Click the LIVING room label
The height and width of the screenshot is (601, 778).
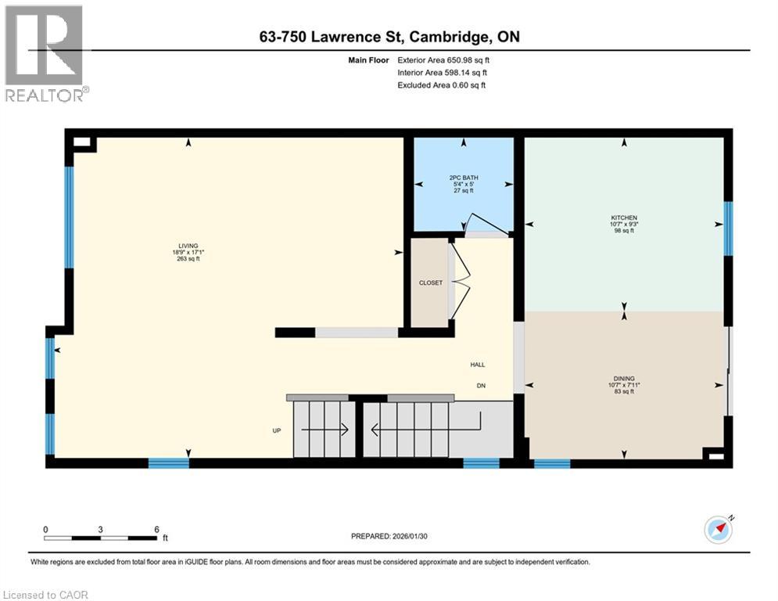(x=188, y=246)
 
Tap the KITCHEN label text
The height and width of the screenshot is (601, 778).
(x=624, y=218)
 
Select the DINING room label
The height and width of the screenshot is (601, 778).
(x=624, y=379)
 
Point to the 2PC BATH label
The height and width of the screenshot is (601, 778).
(x=464, y=178)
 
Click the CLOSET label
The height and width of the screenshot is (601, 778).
(x=431, y=283)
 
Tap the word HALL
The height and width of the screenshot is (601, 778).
(x=478, y=365)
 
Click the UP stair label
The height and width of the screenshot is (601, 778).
(x=277, y=430)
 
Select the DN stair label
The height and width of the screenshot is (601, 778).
(x=481, y=386)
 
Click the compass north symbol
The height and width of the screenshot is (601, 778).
(x=719, y=530)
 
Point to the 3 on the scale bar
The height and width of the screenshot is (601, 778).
(x=100, y=530)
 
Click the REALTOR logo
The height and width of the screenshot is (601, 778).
(x=47, y=53)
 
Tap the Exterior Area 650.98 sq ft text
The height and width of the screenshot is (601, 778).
(x=443, y=60)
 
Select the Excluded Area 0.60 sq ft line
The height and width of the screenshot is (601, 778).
(x=442, y=85)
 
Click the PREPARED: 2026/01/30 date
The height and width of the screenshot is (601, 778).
(x=389, y=536)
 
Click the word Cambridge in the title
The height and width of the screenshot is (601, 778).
(x=447, y=37)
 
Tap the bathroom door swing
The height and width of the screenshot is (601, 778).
(x=487, y=225)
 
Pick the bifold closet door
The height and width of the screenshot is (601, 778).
(x=460, y=282)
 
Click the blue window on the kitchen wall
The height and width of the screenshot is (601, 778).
(x=728, y=229)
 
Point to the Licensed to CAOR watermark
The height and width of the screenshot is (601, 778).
(x=45, y=595)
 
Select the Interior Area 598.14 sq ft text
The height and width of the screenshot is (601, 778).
(x=442, y=73)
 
